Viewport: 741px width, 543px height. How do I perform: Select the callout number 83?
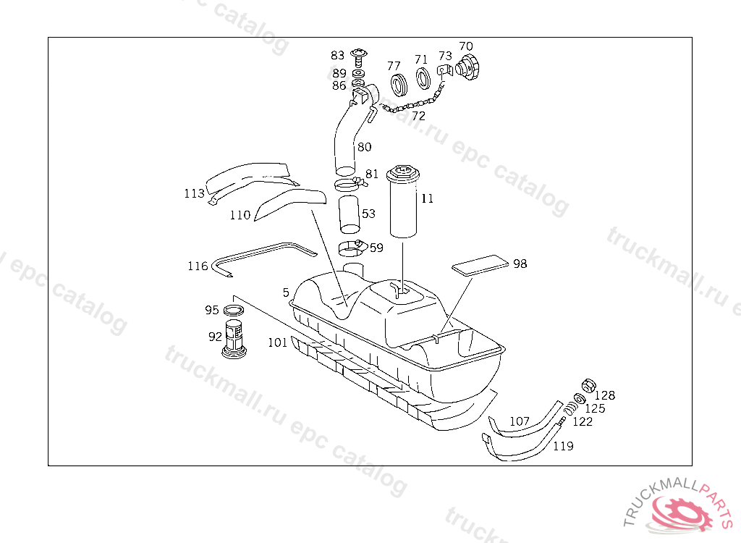coord(338,55)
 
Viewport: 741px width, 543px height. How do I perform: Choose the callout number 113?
coord(194,193)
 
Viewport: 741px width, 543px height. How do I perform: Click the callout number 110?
coord(240,215)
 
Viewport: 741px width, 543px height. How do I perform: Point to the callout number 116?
coord(198,266)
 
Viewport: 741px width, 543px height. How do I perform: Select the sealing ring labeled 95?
coord(234,311)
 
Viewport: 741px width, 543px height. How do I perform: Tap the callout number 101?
coord(277,342)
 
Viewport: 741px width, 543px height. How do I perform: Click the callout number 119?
coord(563,446)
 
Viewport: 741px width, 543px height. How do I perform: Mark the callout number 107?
coord(520,421)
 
